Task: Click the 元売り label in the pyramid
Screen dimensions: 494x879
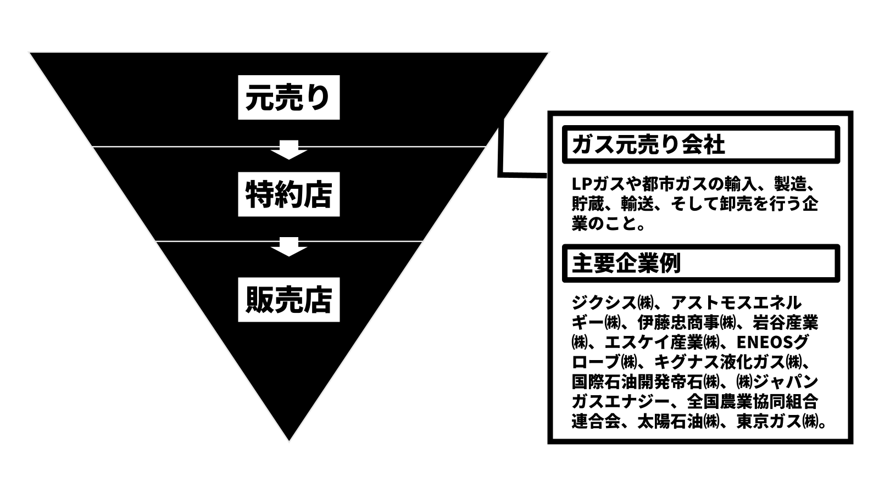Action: (288, 97)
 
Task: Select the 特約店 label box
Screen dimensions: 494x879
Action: (288, 194)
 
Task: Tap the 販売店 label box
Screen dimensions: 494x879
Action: (288, 300)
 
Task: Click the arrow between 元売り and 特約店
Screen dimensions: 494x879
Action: (289, 149)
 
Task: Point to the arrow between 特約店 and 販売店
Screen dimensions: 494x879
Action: (289, 246)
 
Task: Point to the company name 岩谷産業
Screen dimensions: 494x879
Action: (785, 322)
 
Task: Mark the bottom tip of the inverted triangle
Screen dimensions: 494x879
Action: (289, 439)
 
